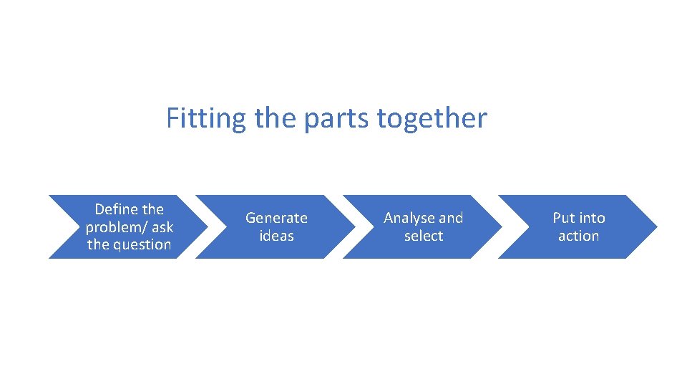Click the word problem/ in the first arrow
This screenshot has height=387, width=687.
click(117, 227)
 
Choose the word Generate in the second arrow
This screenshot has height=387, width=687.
click(276, 218)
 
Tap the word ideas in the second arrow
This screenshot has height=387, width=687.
click(276, 236)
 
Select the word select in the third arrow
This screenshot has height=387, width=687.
click(424, 236)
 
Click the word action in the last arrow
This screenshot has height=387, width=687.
click(578, 236)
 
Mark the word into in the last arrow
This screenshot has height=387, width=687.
click(592, 218)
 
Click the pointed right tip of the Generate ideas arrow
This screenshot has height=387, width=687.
click(353, 226)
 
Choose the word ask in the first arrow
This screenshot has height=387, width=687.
click(162, 227)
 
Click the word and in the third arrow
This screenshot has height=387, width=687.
click(451, 218)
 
